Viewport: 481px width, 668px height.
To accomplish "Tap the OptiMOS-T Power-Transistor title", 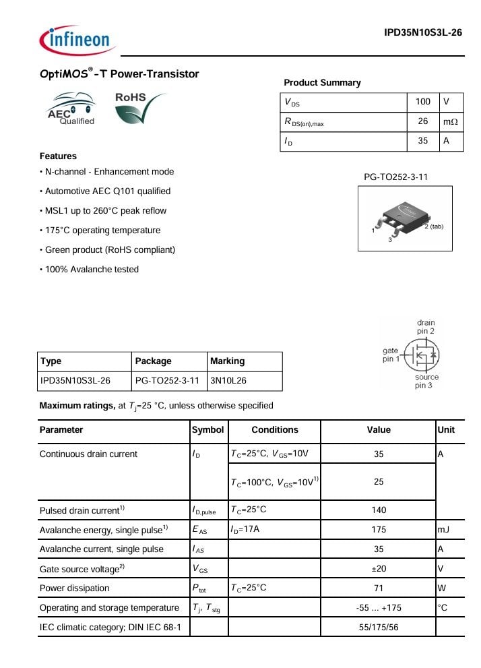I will (119, 74).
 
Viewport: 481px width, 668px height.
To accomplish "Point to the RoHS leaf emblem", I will (139, 108).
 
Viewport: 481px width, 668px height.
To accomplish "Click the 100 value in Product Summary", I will (423, 102).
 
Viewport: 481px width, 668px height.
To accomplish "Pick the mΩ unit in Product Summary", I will (450, 122).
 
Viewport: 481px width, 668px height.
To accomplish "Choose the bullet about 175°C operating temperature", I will (102, 231).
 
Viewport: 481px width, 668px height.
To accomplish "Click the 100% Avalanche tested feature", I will (92, 270).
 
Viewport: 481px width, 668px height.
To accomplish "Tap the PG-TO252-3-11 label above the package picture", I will (396, 177).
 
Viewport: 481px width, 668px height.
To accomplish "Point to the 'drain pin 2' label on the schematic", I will (426, 327).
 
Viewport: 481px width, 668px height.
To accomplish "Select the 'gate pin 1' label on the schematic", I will (391, 355).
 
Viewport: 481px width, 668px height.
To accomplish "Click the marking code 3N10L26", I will (228, 381).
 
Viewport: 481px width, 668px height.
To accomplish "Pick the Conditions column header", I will (274, 430).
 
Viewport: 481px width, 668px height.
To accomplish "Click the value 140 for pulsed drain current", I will (379, 510).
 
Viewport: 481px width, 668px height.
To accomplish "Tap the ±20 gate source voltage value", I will (379, 569).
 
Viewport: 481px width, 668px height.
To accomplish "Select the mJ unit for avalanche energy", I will (444, 530).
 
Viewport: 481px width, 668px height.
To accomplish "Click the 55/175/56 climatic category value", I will (379, 628).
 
